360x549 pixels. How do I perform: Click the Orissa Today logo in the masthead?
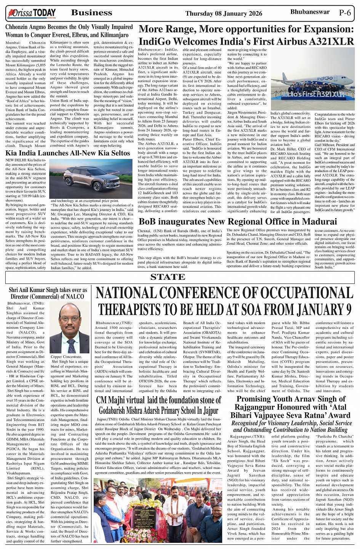coord(31,14)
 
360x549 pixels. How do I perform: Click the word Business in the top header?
coord(92,13)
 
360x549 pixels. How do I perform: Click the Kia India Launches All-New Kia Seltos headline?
coord(68,153)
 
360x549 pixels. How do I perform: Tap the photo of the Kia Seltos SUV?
coord(91,178)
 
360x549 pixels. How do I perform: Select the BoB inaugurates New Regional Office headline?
coord(238,222)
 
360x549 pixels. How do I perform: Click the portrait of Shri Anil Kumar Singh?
coord(70,328)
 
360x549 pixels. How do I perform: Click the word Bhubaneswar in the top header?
coord(310,12)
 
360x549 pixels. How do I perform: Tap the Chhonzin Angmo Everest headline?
coord(69,31)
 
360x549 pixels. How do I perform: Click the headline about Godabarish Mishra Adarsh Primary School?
coord(158,405)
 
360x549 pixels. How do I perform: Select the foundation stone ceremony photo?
coord(158,510)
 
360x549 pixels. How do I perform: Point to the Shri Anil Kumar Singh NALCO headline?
coord(48,293)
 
